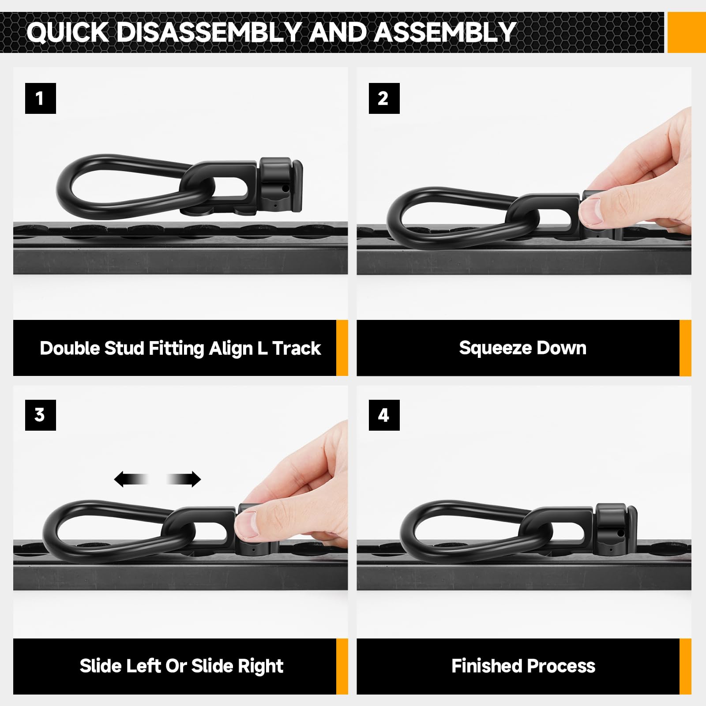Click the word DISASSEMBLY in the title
(x=209, y=32)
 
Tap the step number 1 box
(x=40, y=98)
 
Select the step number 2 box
(x=384, y=98)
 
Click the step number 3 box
(x=40, y=415)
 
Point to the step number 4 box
(x=384, y=415)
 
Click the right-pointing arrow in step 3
(x=185, y=479)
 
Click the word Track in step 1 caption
(x=297, y=349)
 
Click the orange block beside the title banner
(x=686, y=33)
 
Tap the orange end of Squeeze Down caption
(x=685, y=348)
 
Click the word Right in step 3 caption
(x=260, y=666)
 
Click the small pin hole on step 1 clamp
(x=285, y=189)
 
